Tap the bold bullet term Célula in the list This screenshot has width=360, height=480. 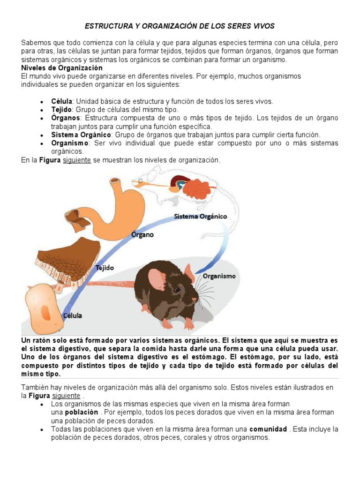click(x=62, y=101)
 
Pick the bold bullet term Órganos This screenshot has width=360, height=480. click(x=66, y=118)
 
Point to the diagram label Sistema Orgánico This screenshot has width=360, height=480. click(x=200, y=217)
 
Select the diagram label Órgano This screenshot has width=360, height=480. click(x=142, y=234)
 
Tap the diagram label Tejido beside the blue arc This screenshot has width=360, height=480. click(x=105, y=268)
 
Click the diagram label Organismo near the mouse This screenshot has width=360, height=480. click(x=219, y=276)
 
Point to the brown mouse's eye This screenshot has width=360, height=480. click(x=178, y=289)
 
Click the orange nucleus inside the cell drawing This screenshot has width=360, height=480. click(x=45, y=312)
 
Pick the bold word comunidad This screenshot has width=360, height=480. click(x=268, y=429)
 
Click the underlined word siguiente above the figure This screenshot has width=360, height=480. click(x=77, y=160)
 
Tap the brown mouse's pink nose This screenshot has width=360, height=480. click(x=195, y=299)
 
